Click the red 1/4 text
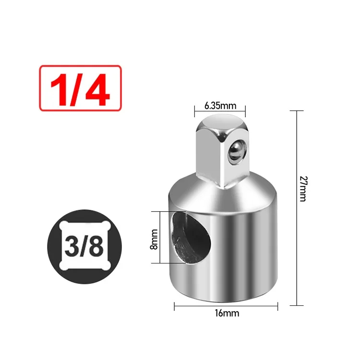click(80, 89)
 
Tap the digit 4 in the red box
click(98, 89)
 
